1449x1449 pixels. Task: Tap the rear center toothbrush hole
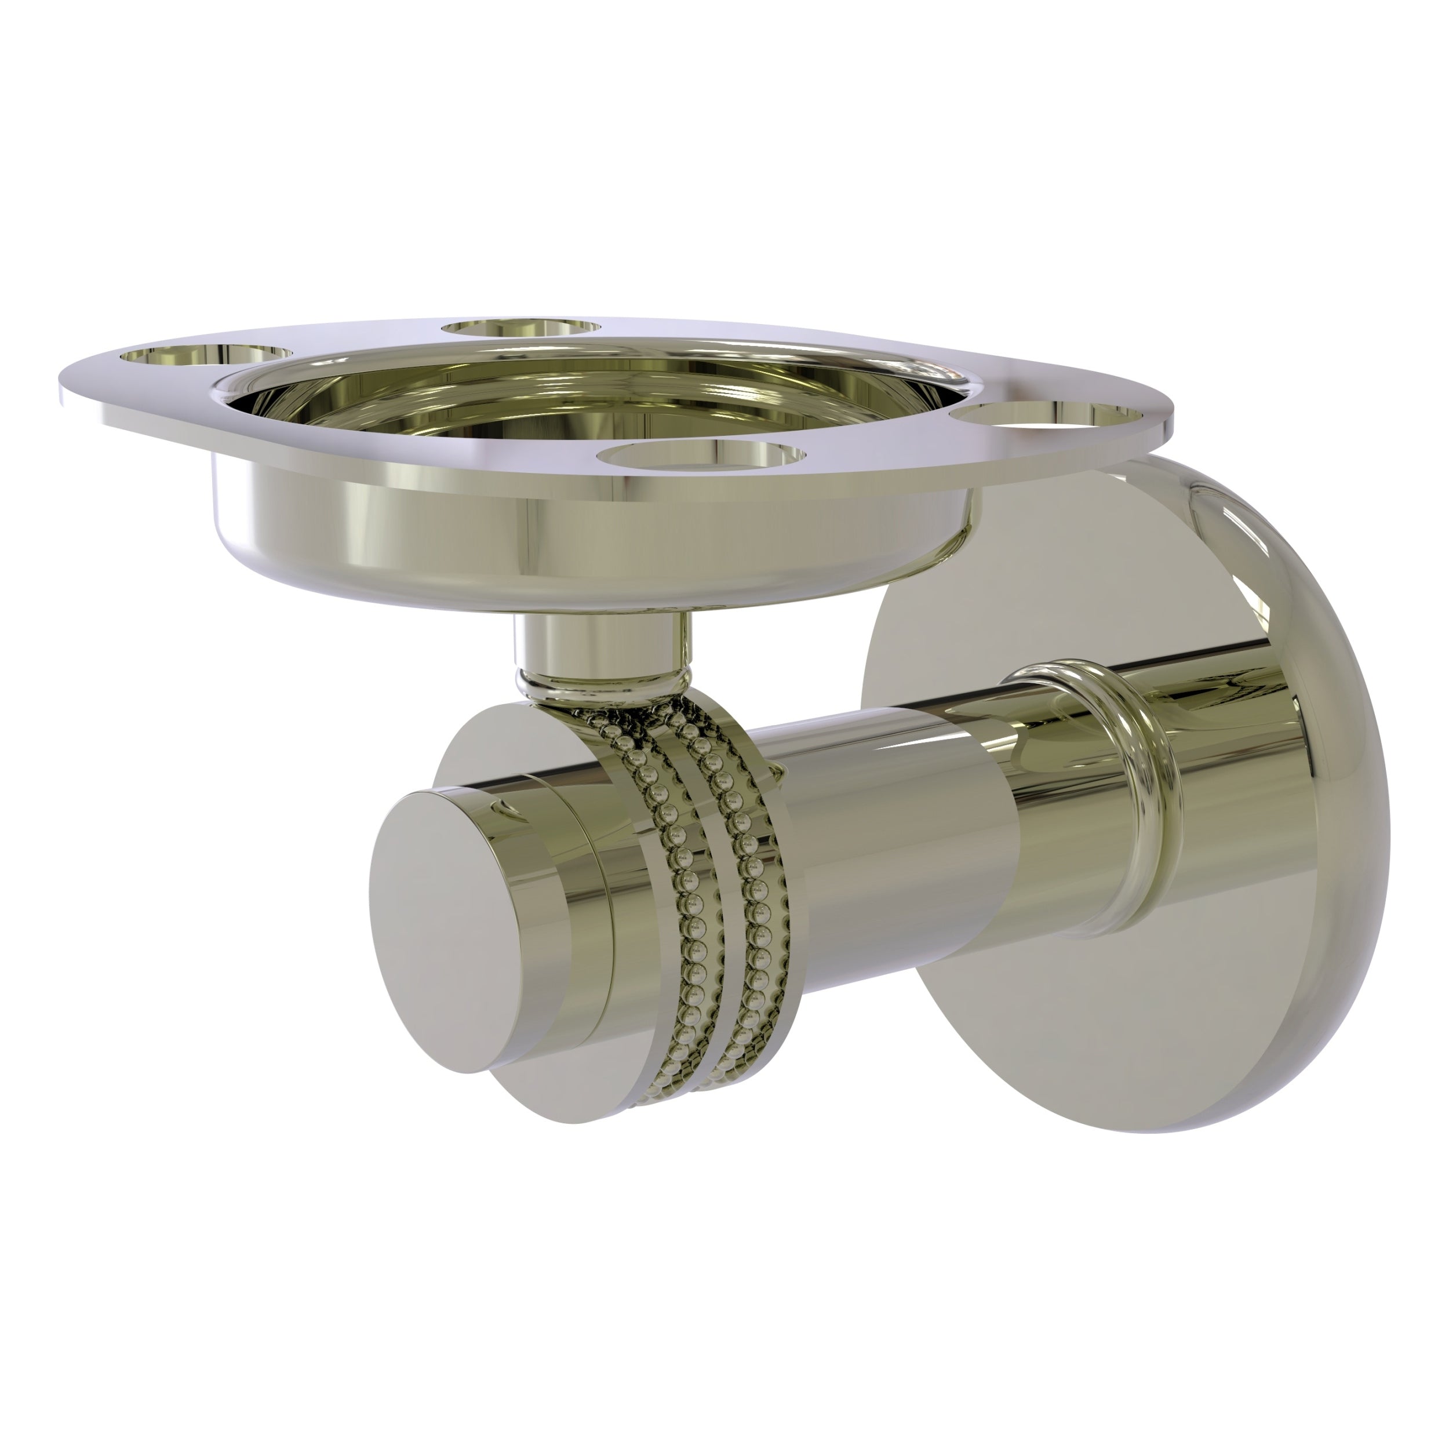click(521, 329)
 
